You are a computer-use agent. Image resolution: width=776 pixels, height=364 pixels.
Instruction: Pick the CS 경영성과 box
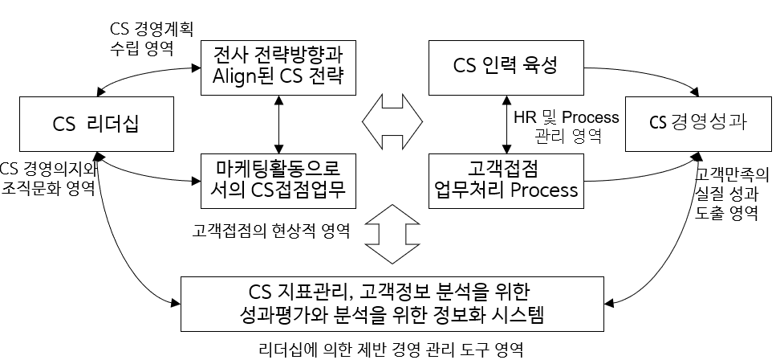pos(698,124)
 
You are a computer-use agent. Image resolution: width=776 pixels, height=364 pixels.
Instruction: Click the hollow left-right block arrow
pos(392,124)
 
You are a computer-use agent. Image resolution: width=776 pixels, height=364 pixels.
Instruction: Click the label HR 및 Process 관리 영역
pos(567,126)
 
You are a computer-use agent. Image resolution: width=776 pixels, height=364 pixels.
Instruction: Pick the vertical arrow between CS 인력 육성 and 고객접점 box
pos(505,124)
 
